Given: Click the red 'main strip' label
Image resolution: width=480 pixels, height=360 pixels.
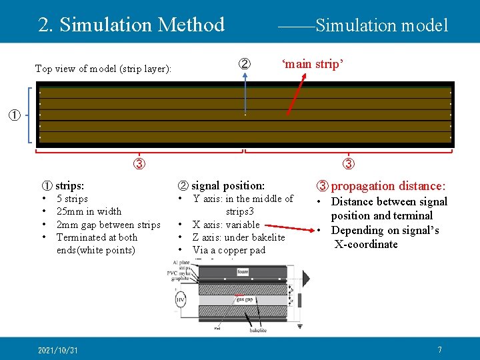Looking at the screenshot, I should tap(312, 65).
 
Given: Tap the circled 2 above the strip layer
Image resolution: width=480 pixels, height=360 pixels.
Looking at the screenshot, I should tap(245, 65).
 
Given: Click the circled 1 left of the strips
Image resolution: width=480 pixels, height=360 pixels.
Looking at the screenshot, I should tap(13, 115).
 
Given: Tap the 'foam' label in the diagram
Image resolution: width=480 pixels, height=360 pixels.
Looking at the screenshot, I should tap(243, 271).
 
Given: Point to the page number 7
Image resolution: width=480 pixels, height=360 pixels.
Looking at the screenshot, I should tap(439, 350).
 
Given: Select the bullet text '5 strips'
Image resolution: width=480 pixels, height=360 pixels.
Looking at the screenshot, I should tap(72, 199).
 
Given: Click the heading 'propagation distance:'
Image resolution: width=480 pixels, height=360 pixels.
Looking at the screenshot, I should tap(389, 185).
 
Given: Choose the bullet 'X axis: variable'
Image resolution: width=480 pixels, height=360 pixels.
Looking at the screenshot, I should tap(226, 225).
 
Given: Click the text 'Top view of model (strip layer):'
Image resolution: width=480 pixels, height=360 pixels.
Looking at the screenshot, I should tap(103, 69).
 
